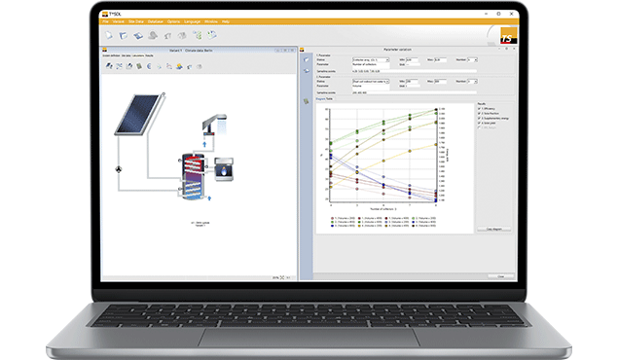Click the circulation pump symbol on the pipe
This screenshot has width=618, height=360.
tap(120, 168)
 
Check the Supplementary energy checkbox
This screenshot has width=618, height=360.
tap(479, 118)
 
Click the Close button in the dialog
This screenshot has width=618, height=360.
tap(501, 275)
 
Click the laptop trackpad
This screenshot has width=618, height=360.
tap(309, 336)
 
